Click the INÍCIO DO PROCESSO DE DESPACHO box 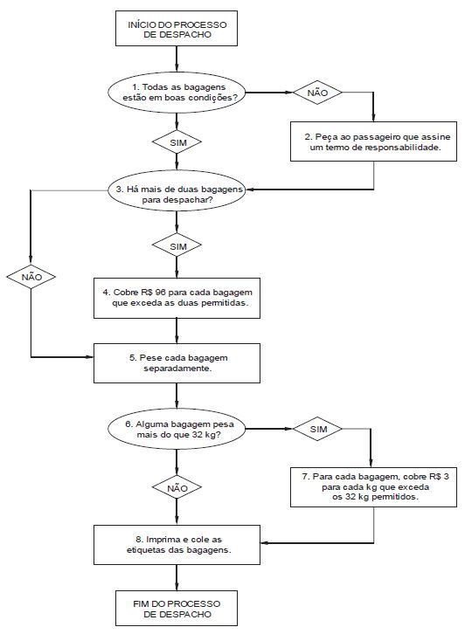(x=177, y=28)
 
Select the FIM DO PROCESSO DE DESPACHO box (x=177, y=608)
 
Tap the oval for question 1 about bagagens (x=177, y=93)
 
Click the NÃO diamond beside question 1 (x=317, y=93)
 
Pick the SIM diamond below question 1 (x=177, y=142)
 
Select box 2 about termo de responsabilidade (x=373, y=141)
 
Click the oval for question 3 (x=177, y=190)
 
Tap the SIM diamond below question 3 (x=177, y=246)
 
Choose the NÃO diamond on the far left (x=31, y=277)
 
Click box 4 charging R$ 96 (x=177, y=298)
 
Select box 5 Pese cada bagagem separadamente (x=177, y=363)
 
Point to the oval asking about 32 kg (x=177, y=429)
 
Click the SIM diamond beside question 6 (x=317, y=429)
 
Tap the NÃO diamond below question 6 (x=177, y=487)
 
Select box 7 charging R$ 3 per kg (x=373, y=486)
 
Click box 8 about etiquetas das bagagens (x=177, y=545)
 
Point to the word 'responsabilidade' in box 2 (x=403, y=148)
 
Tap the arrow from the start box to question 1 (x=177, y=59)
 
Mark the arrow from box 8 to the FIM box (x=177, y=577)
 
